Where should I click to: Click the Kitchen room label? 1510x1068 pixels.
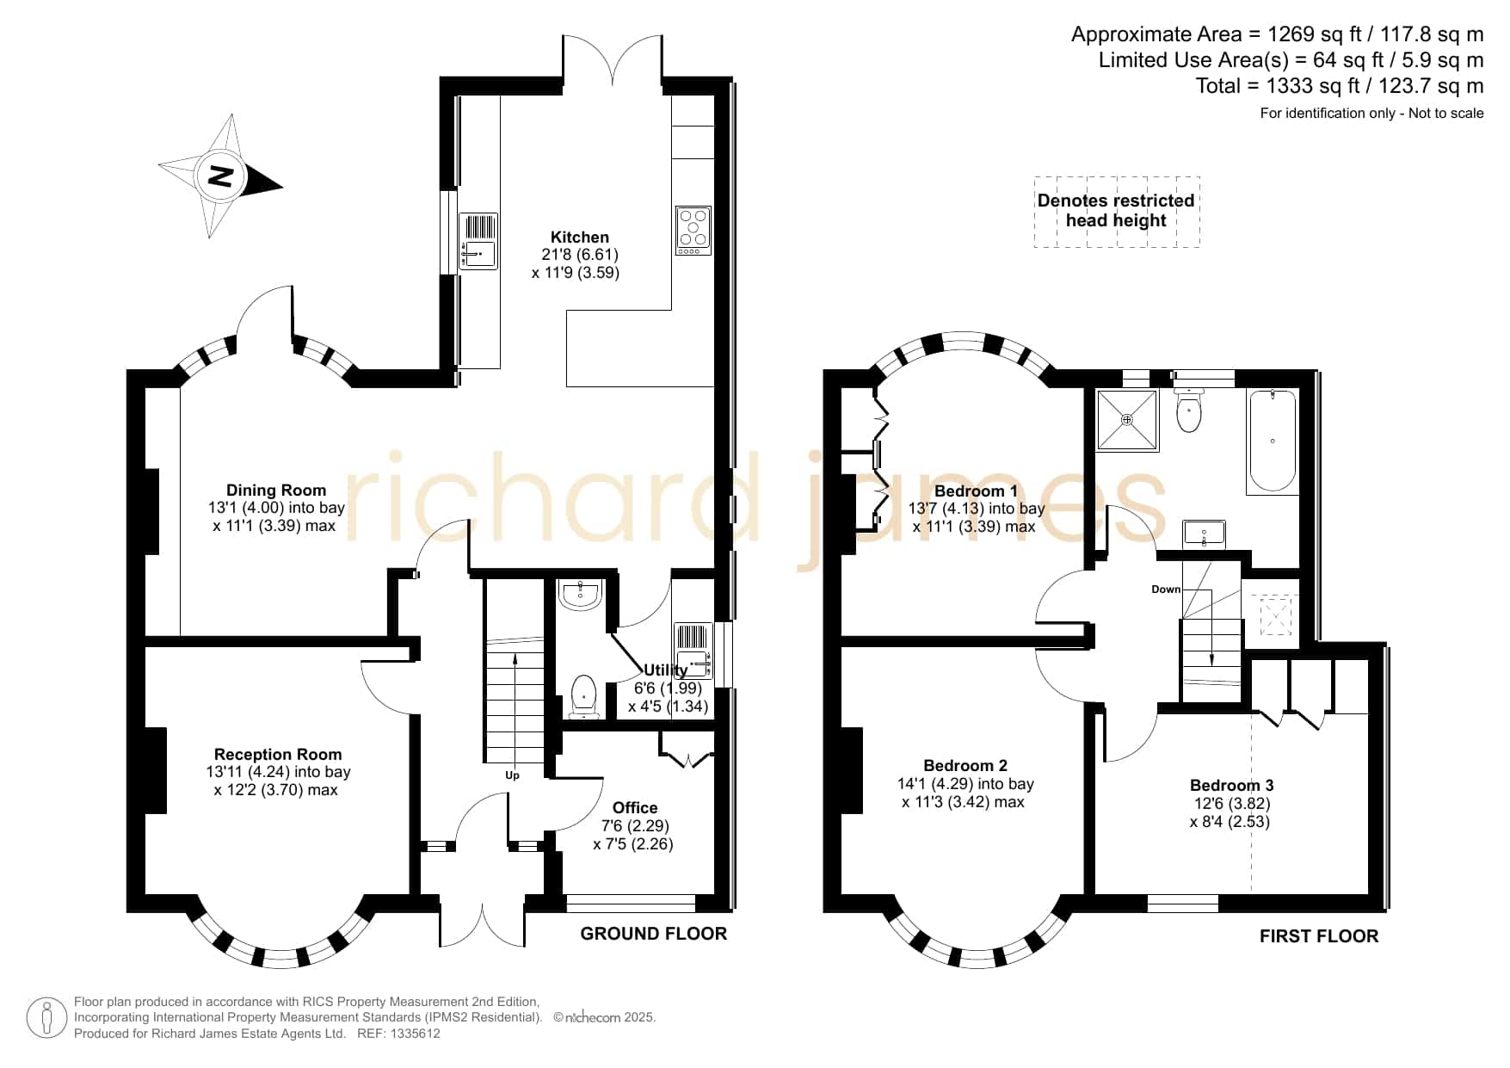point(580,238)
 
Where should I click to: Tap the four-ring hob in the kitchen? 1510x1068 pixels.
point(693,231)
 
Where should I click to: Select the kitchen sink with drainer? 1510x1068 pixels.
point(478,241)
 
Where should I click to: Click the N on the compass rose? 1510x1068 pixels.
point(221,176)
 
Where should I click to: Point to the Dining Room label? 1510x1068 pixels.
point(276,491)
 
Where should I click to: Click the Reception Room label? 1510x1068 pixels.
point(278,755)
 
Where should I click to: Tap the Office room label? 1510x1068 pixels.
point(635,808)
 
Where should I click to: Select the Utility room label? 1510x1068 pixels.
point(666,670)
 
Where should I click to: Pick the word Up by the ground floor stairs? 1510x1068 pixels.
point(513,775)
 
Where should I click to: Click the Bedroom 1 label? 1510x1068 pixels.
point(976,491)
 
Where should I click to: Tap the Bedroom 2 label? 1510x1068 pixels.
point(965,766)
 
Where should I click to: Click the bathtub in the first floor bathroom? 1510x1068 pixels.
point(1273,441)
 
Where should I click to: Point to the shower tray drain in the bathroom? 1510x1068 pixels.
point(1127,420)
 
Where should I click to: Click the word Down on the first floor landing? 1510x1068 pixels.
point(1166,590)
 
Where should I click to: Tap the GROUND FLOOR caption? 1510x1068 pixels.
point(654,934)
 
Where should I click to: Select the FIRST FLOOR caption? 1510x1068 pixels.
point(1319,936)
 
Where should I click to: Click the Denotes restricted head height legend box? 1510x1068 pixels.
point(1117,212)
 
